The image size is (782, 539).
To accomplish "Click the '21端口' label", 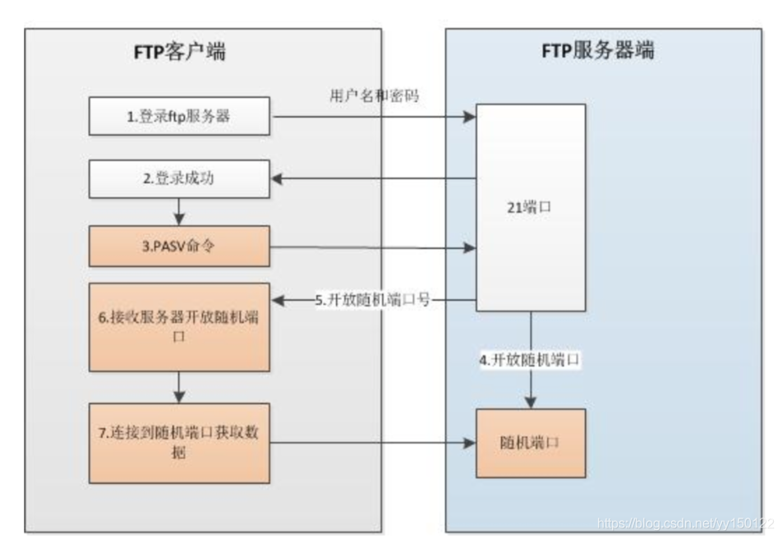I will click(531, 208).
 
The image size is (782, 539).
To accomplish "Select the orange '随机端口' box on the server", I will click(531, 442).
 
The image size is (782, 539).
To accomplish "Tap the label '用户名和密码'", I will click(374, 97).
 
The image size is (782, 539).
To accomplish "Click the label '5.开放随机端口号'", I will click(373, 302).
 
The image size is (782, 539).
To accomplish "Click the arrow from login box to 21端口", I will click(374, 117).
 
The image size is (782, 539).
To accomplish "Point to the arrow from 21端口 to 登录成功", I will click(374, 178).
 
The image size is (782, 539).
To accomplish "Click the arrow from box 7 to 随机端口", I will click(374, 443).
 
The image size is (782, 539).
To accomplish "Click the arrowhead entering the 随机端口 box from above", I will click(531, 402).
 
